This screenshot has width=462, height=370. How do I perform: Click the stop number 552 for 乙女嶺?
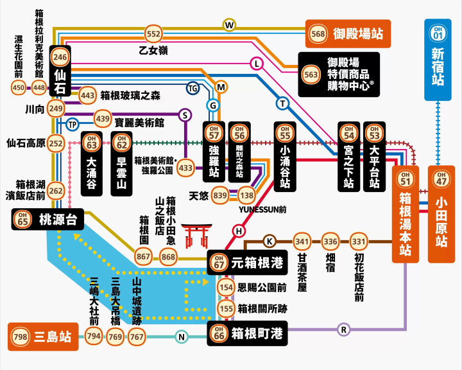point(153,34)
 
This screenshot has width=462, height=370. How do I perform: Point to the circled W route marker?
point(229,25)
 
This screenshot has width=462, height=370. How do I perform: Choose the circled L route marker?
point(257,64)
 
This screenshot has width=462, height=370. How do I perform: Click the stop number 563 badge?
point(311,75)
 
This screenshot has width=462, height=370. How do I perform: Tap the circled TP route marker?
point(73,124)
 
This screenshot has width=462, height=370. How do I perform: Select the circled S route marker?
point(185,115)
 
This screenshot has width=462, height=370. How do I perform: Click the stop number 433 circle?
point(185,168)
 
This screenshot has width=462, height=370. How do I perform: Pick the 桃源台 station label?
point(48,220)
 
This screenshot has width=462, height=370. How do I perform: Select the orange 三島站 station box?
point(43,336)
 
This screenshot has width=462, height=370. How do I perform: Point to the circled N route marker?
point(182,337)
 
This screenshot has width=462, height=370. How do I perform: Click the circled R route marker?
point(343,330)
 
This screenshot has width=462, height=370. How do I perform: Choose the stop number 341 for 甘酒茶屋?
point(302,242)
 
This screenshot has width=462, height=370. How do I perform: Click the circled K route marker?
point(270,242)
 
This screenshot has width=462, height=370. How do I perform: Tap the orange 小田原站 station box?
point(441,213)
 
